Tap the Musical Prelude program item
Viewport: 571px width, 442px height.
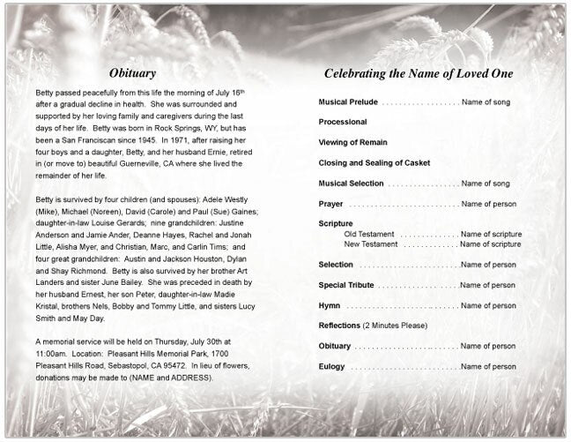(x=349, y=103)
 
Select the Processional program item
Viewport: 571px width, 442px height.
(x=343, y=123)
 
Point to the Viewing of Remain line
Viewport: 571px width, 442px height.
(x=353, y=143)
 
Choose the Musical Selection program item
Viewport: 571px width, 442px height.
(x=351, y=184)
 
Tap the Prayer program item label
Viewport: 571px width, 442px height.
(x=331, y=204)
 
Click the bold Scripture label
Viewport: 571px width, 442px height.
(x=336, y=224)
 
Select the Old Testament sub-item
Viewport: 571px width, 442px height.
(x=370, y=234)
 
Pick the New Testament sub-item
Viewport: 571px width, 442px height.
(x=372, y=243)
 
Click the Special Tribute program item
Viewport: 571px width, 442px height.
(x=346, y=285)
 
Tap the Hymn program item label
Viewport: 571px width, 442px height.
(x=329, y=305)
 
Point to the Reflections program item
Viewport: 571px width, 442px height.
(x=339, y=326)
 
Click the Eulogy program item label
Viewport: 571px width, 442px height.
(x=332, y=365)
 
